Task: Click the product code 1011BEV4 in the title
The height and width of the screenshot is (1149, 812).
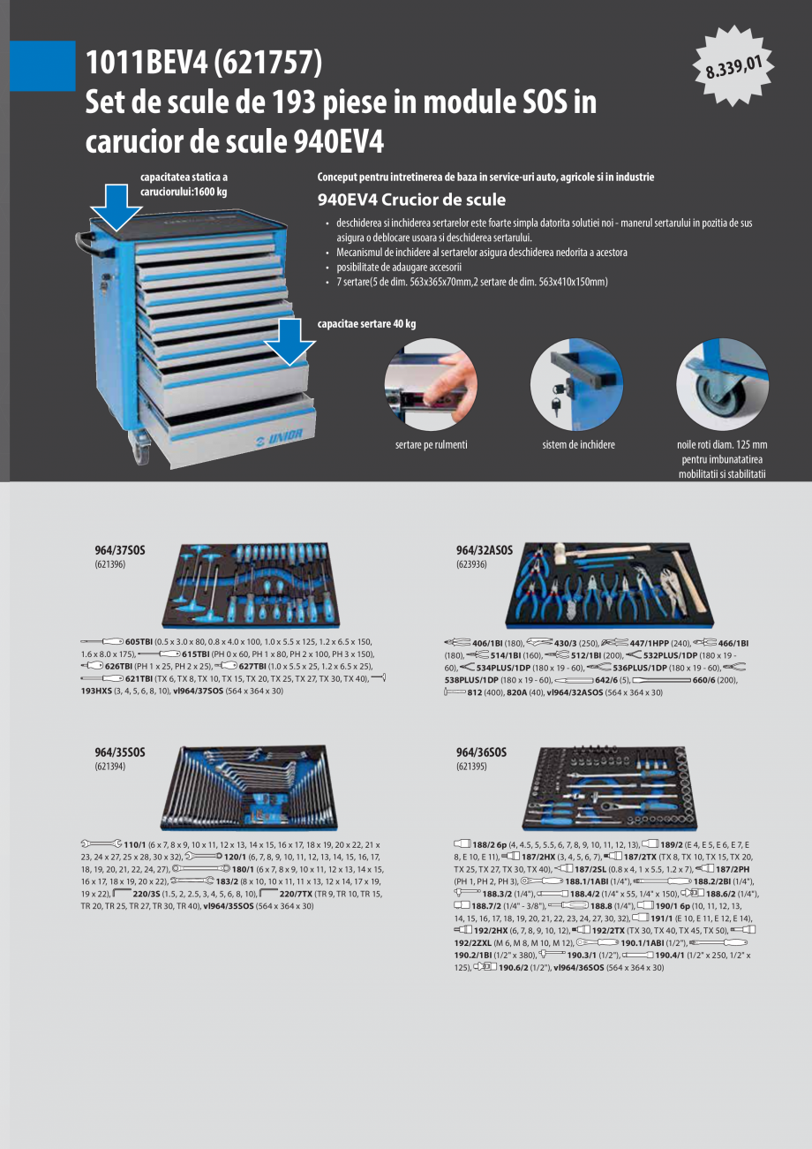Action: tap(146, 64)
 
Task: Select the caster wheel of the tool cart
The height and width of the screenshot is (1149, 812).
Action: tap(142, 451)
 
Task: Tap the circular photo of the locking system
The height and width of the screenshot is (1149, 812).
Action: tap(578, 385)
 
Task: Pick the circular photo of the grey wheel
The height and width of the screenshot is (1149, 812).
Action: tap(721, 385)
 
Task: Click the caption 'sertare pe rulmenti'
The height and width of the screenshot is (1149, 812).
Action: tap(431, 445)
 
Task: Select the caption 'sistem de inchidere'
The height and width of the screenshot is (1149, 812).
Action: tap(578, 445)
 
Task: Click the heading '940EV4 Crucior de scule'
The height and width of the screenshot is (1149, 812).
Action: tap(411, 200)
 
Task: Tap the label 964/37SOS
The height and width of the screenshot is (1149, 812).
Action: tap(120, 550)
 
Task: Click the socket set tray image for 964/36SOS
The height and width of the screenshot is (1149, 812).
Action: tap(610, 787)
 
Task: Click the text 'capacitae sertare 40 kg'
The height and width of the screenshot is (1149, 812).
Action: tap(366, 324)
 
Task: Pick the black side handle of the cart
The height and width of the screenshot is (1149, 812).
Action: tap(85, 238)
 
